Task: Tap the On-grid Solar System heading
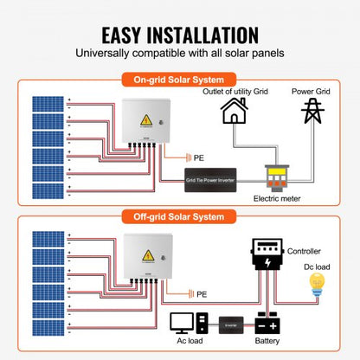[x=180, y=80]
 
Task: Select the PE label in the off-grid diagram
[x=202, y=294]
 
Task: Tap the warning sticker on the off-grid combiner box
[x=149, y=254]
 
